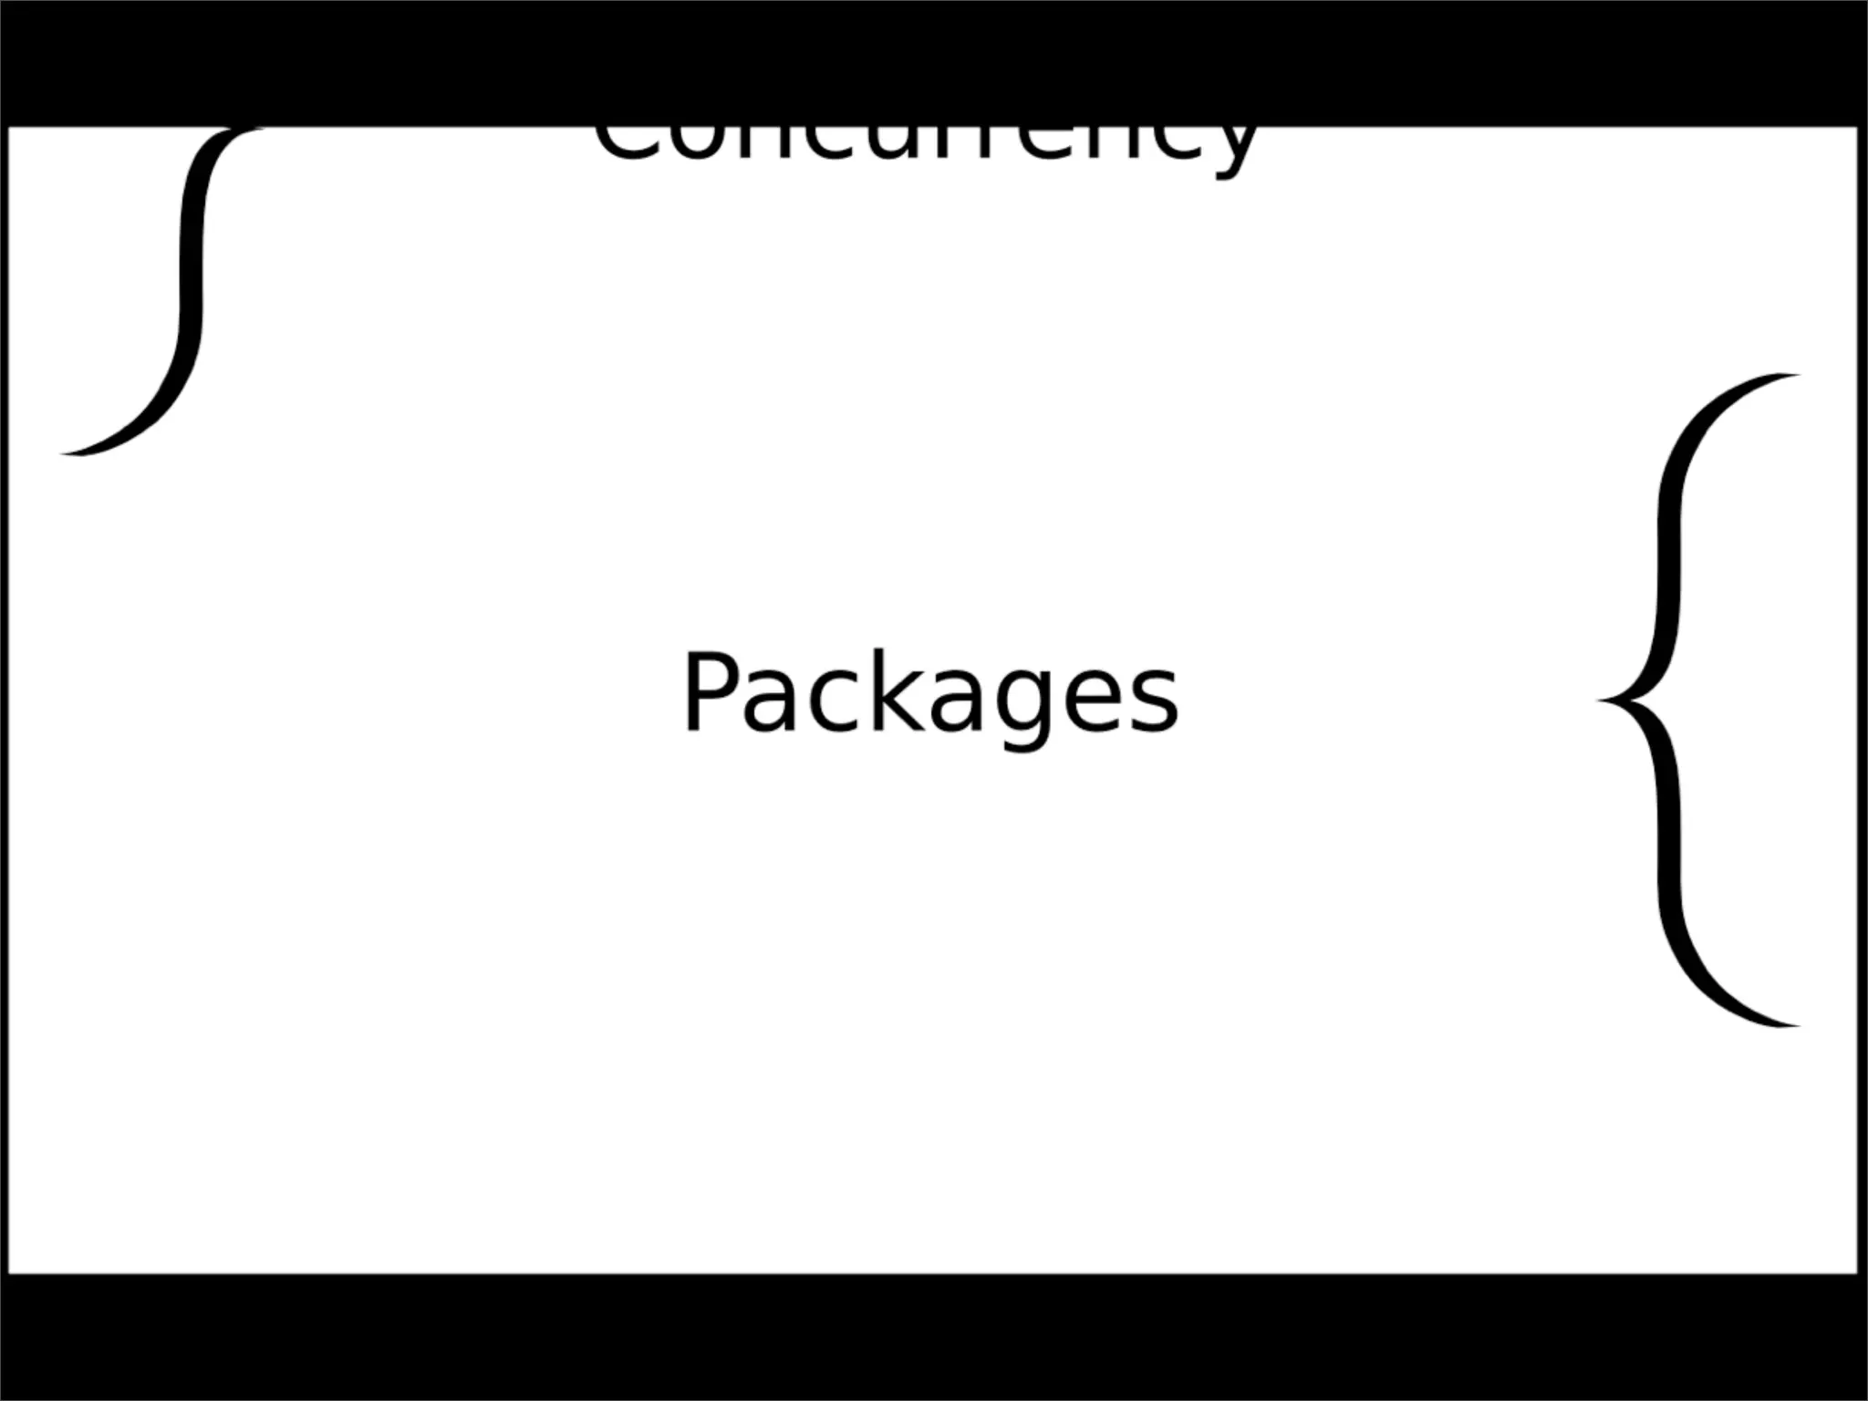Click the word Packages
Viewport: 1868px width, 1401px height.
930,693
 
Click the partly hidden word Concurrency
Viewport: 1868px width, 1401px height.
925,146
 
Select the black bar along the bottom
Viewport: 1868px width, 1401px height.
934,1337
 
